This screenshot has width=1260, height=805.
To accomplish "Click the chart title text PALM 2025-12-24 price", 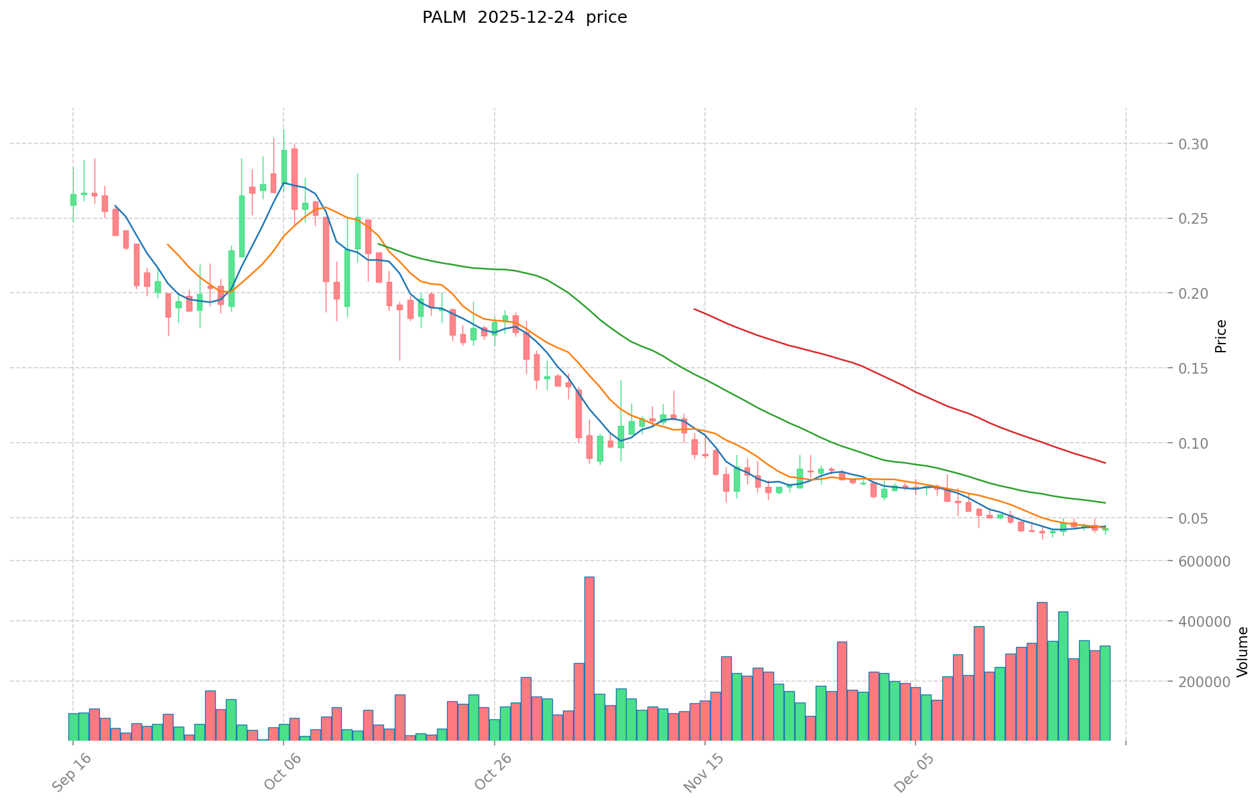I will pyautogui.click(x=524, y=18).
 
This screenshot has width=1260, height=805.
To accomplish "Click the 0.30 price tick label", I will pyautogui.click(x=1193, y=144).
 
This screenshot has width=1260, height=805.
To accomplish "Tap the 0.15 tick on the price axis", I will pyautogui.click(x=1193, y=368).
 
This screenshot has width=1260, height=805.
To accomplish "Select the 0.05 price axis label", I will pyautogui.click(x=1193, y=518).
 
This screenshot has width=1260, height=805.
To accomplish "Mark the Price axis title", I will pyautogui.click(x=1220, y=336).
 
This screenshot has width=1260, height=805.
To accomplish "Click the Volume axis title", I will pyautogui.click(x=1242, y=651).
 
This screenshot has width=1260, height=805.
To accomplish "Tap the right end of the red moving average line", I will pyautogui.click(x=1105, y=463).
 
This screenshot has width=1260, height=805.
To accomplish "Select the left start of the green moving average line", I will pyautogui.click(x=379, y=244).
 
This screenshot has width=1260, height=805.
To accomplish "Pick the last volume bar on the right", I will pyautogui.click(x=1105, y=692).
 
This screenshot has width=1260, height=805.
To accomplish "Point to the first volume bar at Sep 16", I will pyautogui.click(x=73, y=726).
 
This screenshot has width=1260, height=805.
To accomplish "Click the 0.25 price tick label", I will pyautogui.click(x=1193, y=219).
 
